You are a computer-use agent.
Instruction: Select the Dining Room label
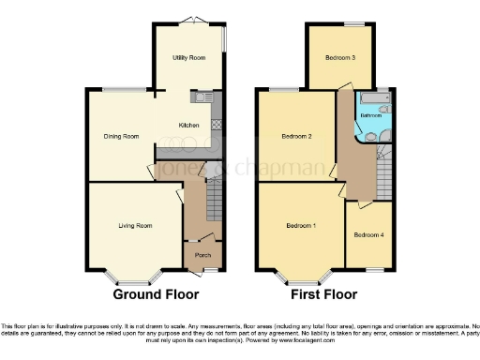point(121,136)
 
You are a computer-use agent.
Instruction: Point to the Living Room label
point(135,225)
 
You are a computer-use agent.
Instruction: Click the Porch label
point(202,255)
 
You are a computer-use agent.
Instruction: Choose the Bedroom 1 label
point(300,226)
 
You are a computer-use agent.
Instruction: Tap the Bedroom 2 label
point(296,137)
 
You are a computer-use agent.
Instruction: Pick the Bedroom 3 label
point(340,57)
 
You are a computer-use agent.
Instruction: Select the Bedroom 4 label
point(368,234)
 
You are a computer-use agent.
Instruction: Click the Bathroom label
point(372,115)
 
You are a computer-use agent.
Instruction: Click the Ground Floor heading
point(157,294)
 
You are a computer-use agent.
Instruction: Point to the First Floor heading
point(325,294)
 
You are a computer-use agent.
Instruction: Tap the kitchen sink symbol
point(202,97)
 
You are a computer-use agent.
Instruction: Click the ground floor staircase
point(215,199)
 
